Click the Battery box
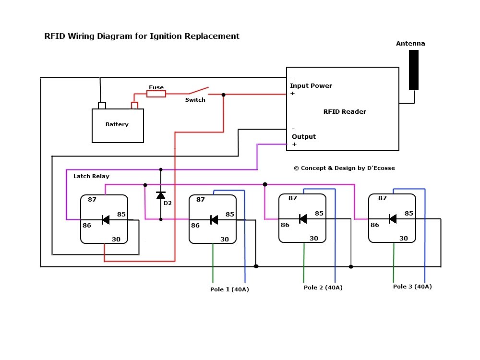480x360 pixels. [118, 125]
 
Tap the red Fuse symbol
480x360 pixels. [156, 94]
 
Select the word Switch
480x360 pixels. [195, 100]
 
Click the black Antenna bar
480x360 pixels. [414, 70]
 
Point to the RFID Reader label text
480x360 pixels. [345, 112]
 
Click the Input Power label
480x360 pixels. [311, 86]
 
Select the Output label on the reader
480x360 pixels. [304, 137]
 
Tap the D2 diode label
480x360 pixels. [168, 204]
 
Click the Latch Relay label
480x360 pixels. [91, 176]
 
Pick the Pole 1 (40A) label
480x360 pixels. [229, 289]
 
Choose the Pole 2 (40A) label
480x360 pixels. [323, 288]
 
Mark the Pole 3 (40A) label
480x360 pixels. [412, 287]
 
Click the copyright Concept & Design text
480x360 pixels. [344, 168]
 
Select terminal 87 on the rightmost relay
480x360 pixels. [383, 198]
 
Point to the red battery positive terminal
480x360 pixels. [134, 105]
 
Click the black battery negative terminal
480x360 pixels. [102, 105]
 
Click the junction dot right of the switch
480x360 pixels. [223, 95]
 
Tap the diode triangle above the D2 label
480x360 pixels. [161, 195]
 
